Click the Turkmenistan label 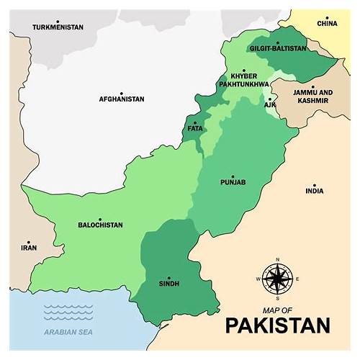click(x=58, y=27)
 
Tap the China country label click(x=327, y=23)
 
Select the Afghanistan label click(x=122, y=99)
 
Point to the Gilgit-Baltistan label click(x=277, y=48)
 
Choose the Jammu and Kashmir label click(x=312, y=96)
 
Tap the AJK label click(x=270, y=105)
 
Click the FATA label click(x=194, y=128)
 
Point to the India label click(x=314, y=191)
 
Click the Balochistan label click(x=100, y=225)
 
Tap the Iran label click(x=28, y=248)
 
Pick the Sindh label click(x=168, y=284)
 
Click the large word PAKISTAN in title click(x=277, y=325)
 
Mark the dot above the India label click(x=314, y=183)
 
